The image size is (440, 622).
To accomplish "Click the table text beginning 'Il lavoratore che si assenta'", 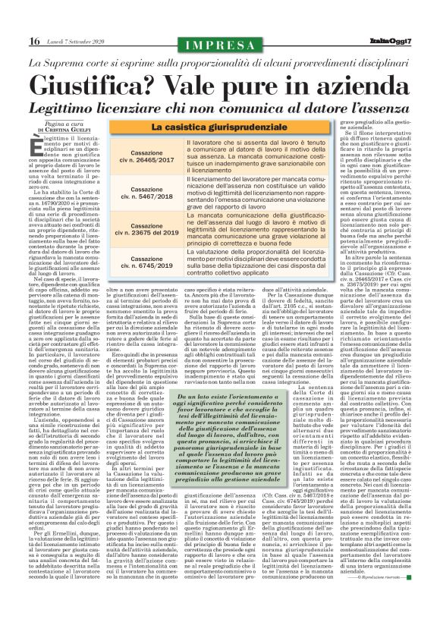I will click(x=258, y=157).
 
